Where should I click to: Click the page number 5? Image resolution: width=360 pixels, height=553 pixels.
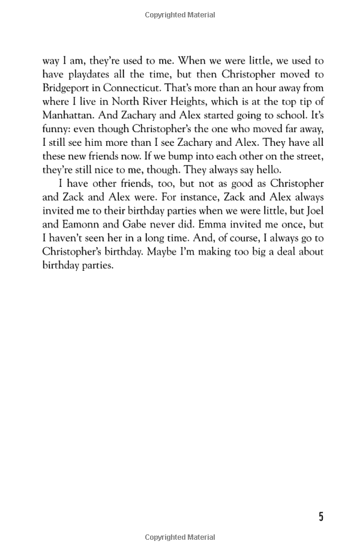[320, 517]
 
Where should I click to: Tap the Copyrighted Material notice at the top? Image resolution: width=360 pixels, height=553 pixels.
[180, 15]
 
